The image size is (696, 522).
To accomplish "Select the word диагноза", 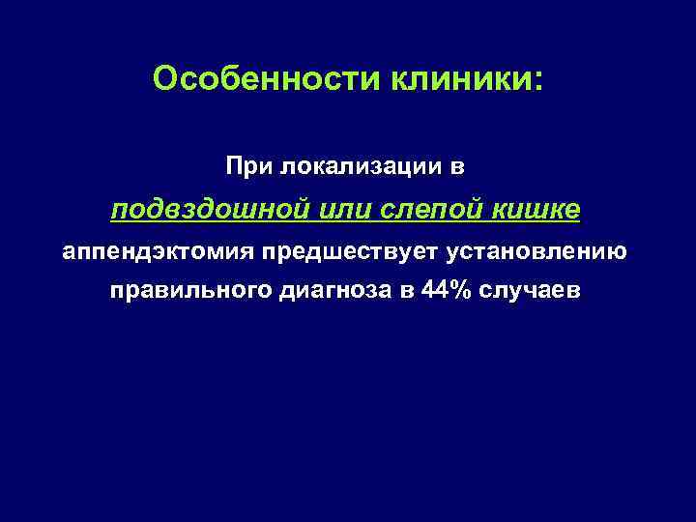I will point(341,292).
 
